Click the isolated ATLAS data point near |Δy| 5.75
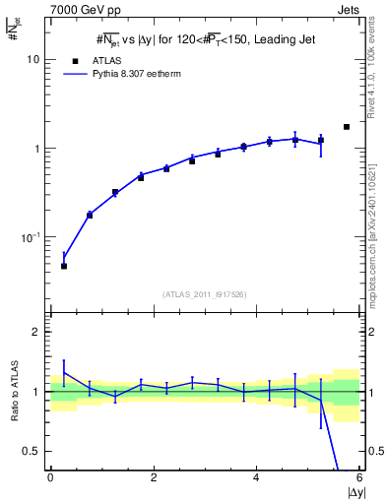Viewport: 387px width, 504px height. (347, 127)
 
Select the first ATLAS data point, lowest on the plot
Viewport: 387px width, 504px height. (64, 266)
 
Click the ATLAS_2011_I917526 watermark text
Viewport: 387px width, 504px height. (204, 294)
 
